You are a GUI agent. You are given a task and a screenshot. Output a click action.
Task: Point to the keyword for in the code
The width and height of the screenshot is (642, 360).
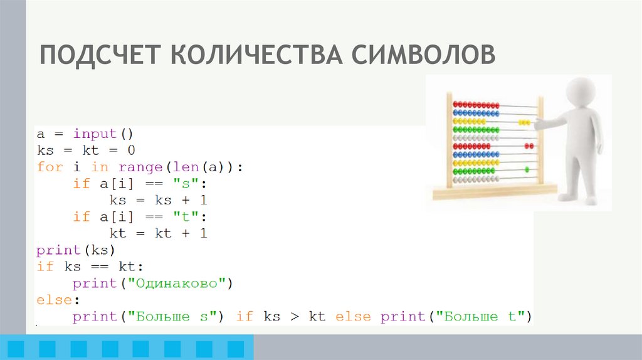pyautogui.click(x=50, y=167)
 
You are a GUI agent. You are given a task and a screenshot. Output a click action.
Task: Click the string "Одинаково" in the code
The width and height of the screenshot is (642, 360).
pyautogui.click(x=177, y=283)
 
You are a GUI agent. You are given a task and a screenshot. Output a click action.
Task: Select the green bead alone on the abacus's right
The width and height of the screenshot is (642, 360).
pyautogui.click(x=527, y=169)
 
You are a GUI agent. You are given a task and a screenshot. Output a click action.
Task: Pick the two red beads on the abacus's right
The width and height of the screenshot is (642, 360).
pyautogui.click(x=530, y=146)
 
